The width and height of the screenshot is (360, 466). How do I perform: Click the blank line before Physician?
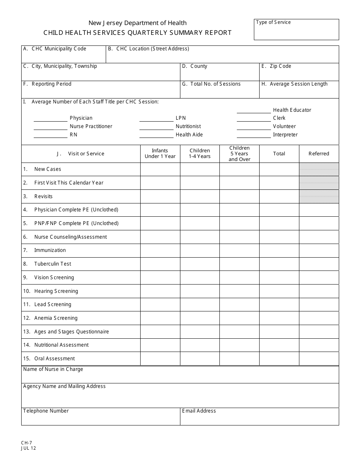point(50,120)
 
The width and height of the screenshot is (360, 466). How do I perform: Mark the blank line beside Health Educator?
point(254,111)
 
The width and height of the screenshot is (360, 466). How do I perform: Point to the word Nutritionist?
point(188,127)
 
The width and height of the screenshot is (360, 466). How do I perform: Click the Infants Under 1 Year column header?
point(160,153)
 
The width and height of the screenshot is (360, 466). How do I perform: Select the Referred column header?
point(319,153)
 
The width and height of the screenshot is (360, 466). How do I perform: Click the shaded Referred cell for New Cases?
point(319,169)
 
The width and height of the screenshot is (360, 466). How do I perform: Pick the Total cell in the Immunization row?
point(279,250)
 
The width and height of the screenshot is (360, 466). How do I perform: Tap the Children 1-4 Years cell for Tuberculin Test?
point(200,264)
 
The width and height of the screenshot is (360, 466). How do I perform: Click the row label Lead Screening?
point(53,305)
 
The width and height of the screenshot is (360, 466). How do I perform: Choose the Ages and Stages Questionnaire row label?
point(71,332)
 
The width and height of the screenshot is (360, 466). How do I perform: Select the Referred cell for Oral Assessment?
point(319,359)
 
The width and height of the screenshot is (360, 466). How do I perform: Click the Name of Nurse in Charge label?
point(53,369)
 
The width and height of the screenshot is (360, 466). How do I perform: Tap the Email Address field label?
point(199,411)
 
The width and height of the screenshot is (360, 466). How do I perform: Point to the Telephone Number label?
point(46,411)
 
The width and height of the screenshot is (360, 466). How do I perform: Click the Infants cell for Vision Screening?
point(160,278)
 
